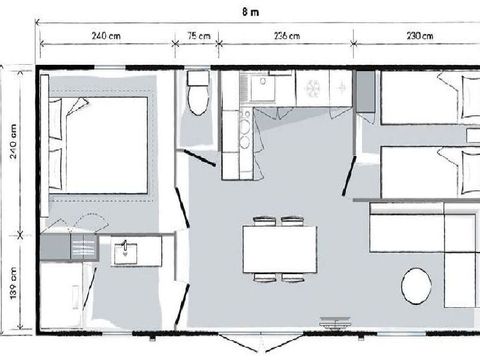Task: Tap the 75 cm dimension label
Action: tap(199, 37)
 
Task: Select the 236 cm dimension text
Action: tap(286, 37)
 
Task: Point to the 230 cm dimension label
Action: tap(421, 37)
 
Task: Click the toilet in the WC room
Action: tap(197, 92)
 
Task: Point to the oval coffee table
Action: tap(418, 285)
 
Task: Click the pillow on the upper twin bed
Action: tap(463, 100)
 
